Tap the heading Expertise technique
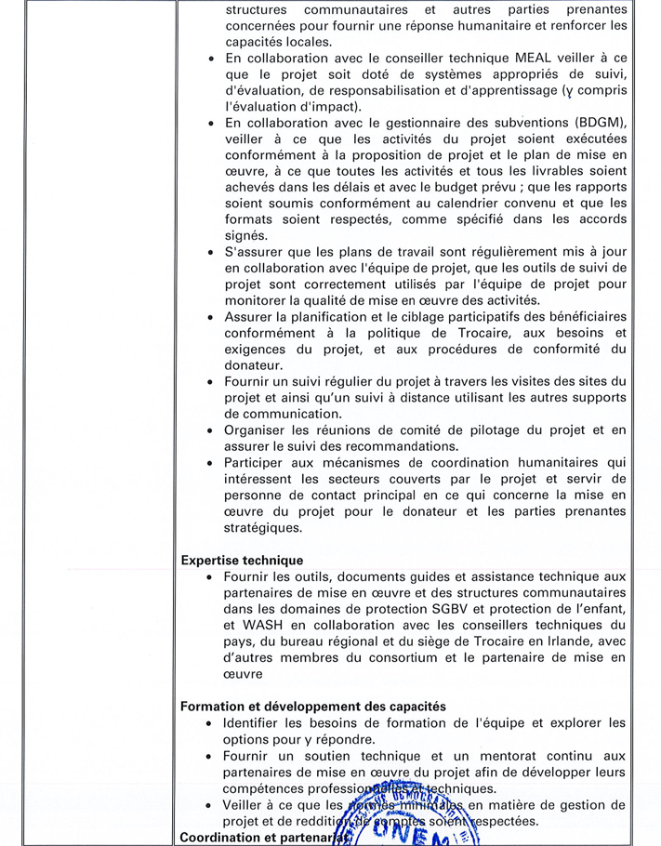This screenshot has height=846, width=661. (x=242, y=561)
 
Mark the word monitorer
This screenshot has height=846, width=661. (x=260, y=299)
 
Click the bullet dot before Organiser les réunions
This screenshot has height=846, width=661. (x=213, y=430)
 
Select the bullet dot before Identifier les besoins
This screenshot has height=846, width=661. (x=213, y=723)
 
